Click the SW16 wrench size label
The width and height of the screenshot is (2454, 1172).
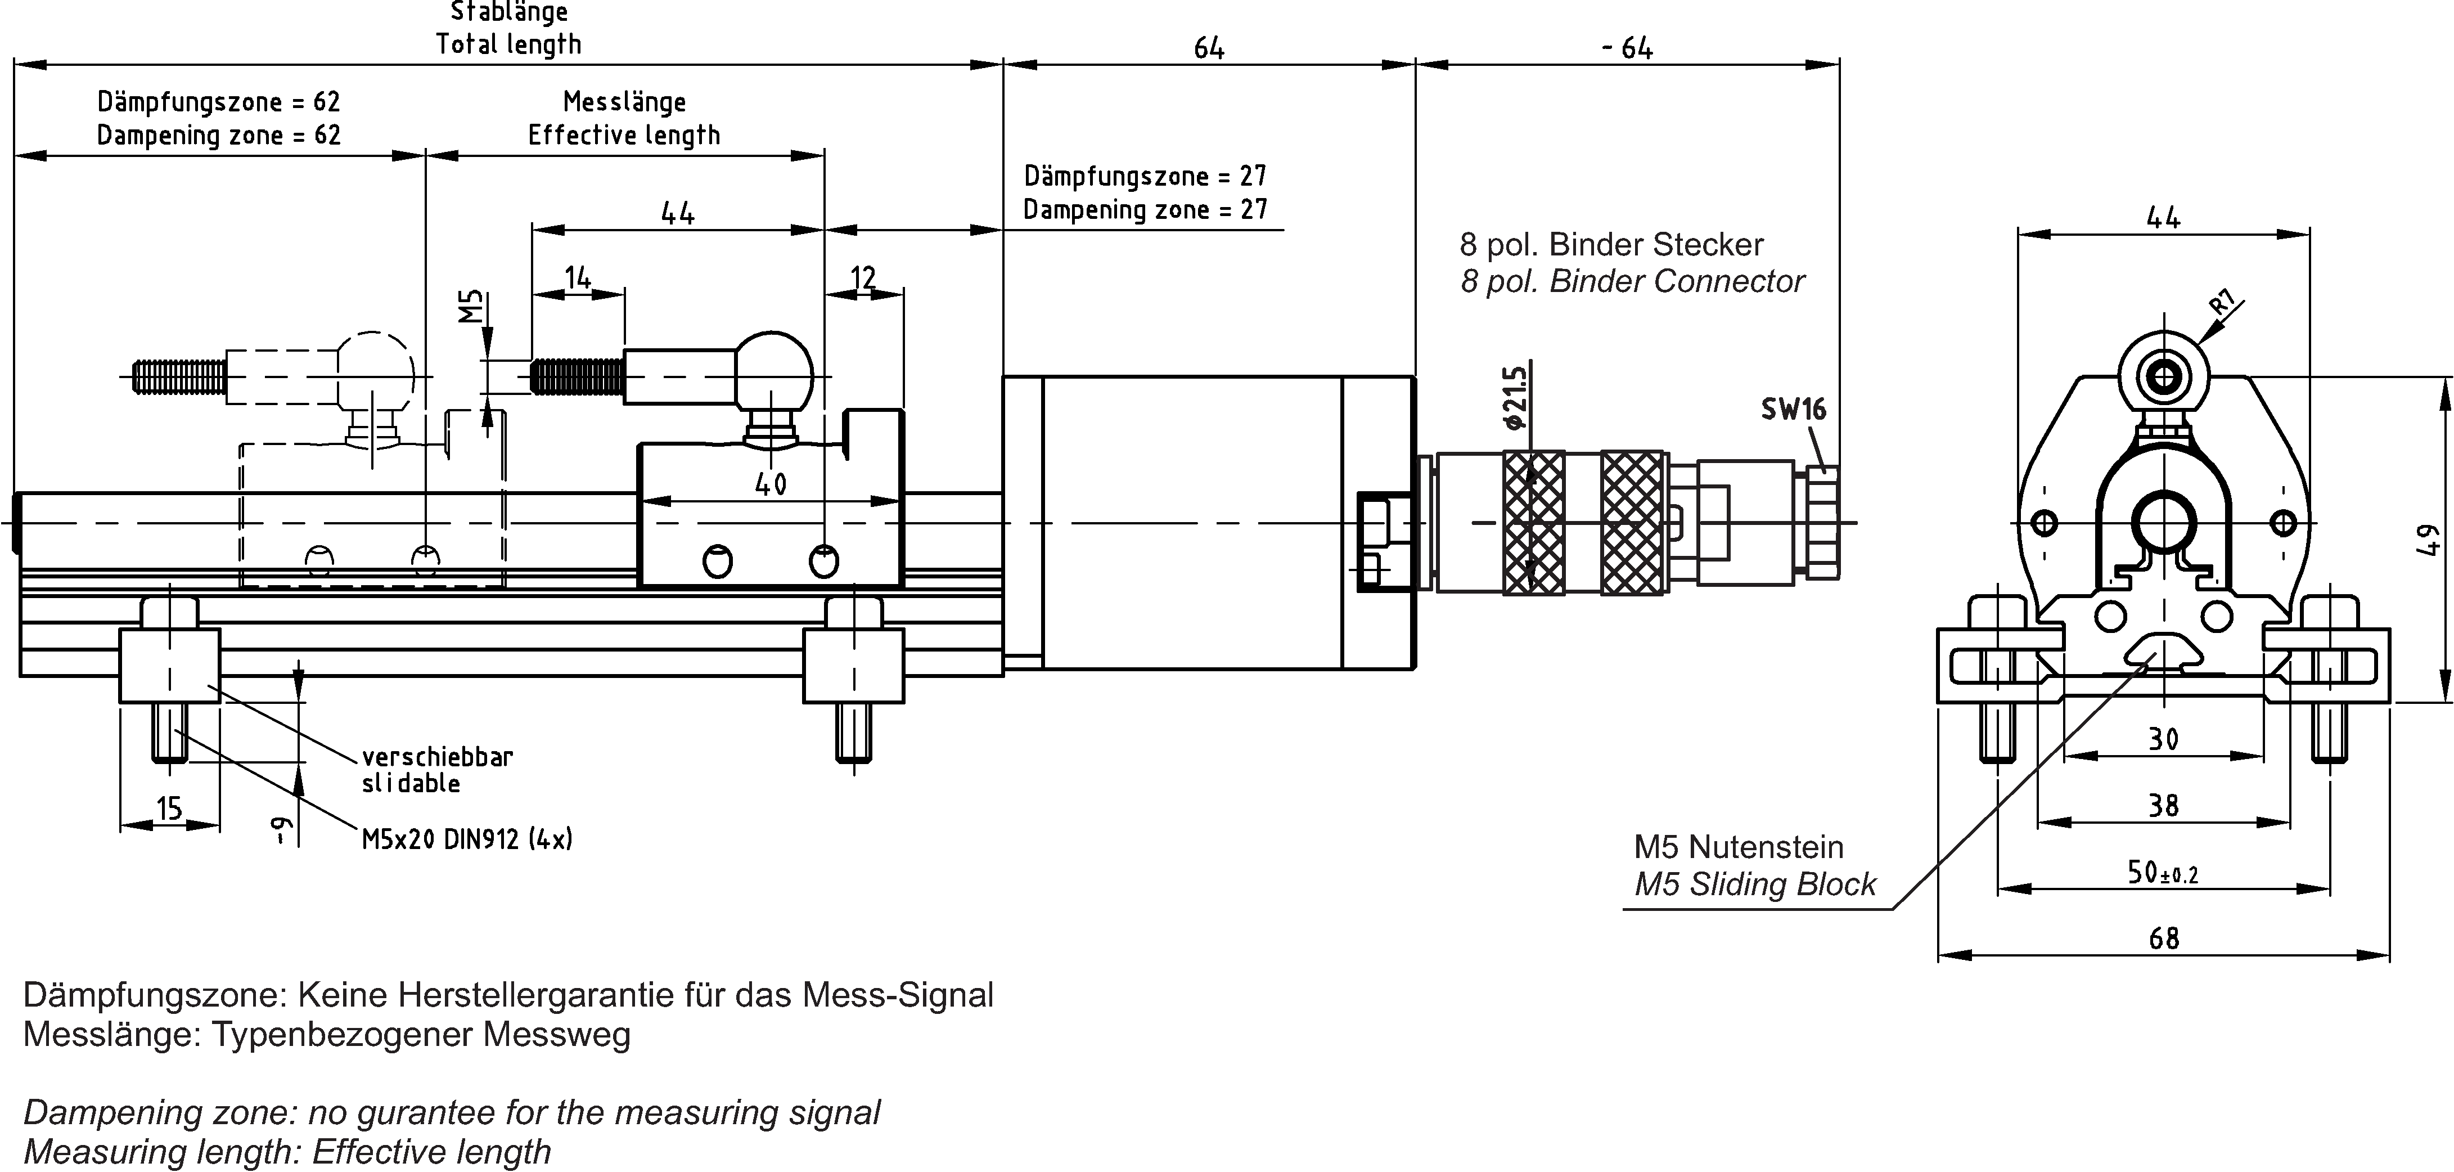coord(1793,410)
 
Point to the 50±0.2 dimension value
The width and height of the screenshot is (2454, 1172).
coord(2163,873)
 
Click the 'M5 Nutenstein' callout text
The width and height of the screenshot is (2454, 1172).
coord(1739,847)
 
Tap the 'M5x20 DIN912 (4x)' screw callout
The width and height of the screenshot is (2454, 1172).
coord(467,839)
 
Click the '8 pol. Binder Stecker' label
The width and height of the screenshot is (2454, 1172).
coord(1611,245)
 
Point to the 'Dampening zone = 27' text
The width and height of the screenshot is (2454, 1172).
coord(1145,210)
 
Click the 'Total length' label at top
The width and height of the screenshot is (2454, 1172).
coord(508,44)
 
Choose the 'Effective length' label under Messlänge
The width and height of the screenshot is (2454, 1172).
coord(624,135)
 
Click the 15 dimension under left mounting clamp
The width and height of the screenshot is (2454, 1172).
coord(169,809)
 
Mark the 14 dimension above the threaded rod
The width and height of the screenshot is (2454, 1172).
coord(577,279)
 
